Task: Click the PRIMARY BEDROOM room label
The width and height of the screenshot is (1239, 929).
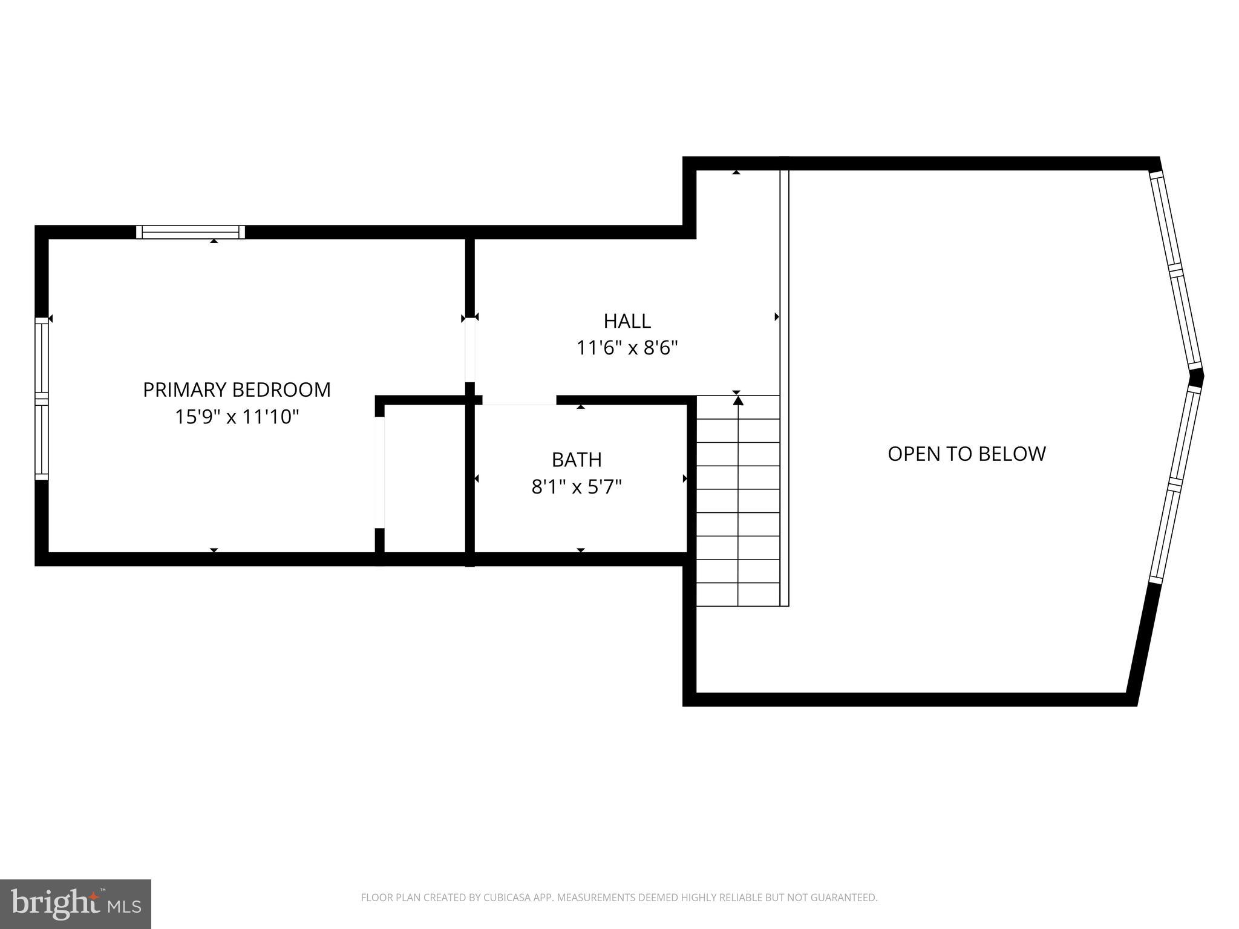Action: [x=237, y=390]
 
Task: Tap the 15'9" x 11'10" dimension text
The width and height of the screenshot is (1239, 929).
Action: [x=237, y=417]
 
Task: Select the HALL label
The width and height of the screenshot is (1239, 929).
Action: [x=627, y=321]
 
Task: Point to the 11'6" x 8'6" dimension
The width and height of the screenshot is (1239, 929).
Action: [x=627, y=348]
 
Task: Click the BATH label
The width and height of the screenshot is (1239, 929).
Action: [x=577, y=460]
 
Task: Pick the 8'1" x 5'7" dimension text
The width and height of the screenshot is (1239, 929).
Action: [x=577, y=487]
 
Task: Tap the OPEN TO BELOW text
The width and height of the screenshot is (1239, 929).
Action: [x=966, y=454]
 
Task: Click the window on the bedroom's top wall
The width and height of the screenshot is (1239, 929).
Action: [x=191, y=232]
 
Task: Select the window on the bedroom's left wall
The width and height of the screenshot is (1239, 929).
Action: [x=41, y=399]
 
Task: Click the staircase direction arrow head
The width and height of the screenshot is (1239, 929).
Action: [x=737, y=400]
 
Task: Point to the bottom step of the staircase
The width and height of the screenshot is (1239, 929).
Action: [x=738, y=595]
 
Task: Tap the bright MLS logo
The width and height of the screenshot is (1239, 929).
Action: [x=76, y=904]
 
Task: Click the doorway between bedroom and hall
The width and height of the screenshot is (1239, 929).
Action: [x=470, y=350]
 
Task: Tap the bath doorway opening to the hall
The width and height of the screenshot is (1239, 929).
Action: [x=519, y=400]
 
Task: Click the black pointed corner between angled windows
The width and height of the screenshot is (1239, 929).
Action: [x=1197, y=377]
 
